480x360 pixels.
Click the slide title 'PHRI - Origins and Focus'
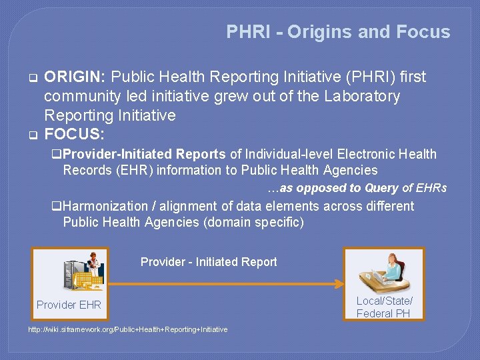[338, 32]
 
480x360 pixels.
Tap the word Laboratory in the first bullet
[362, 97]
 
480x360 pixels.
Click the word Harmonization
[106, 207]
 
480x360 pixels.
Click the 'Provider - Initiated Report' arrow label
[209, 262]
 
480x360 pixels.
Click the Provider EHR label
[69, 305]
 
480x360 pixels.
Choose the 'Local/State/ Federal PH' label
[384, 307]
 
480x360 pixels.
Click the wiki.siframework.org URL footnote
[127, 329]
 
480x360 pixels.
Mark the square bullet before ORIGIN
[31, 78]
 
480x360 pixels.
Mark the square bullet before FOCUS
[31, 135]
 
